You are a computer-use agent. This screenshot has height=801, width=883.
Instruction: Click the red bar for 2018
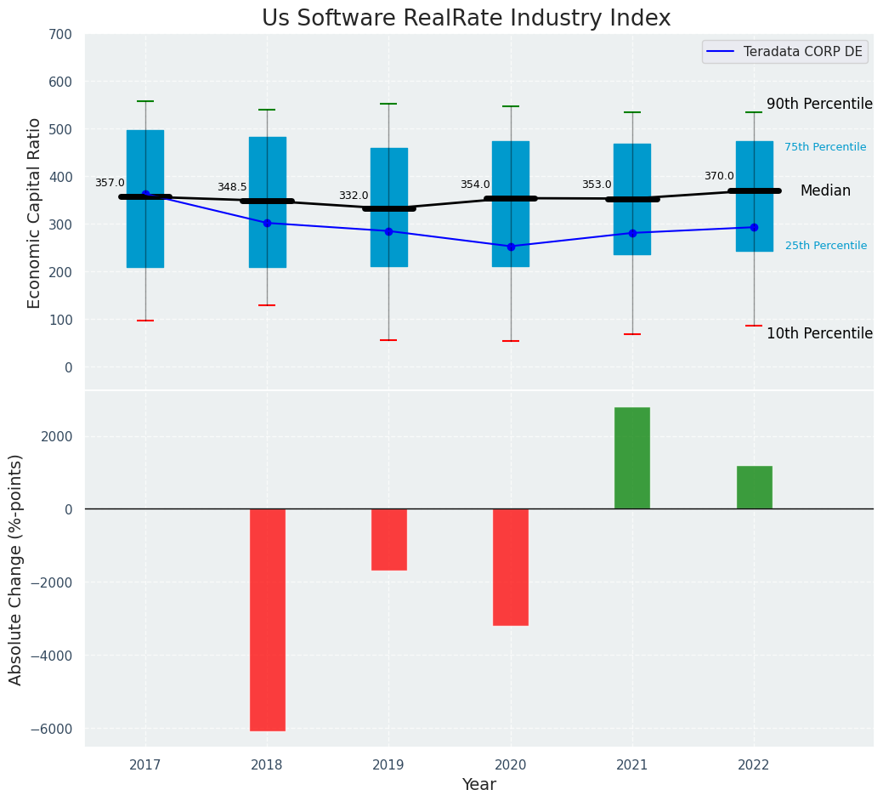tap(267, 619)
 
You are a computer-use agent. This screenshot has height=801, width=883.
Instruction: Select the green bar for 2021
tap(632, 458)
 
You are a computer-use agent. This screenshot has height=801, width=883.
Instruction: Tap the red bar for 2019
tap(388, 539)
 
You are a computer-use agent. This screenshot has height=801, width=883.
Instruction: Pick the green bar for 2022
tap(754, 487)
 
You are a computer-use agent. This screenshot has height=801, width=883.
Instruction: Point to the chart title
tap(466, 19)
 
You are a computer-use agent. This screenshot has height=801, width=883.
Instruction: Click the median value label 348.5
tap(232, 187)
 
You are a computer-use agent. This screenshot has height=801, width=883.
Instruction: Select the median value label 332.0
tap(354, 196)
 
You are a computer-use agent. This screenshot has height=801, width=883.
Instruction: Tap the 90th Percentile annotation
tap(819, 104)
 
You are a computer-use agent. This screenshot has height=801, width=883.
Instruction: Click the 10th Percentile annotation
tap(819, 333)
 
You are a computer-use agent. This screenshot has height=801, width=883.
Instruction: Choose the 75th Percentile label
tap(825, 147)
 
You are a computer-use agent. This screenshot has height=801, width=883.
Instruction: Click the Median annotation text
tap(825, 191)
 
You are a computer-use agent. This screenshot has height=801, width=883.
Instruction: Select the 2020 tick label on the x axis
tap(510, 765)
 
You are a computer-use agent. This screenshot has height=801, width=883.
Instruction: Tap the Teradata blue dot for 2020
tap(511, 247)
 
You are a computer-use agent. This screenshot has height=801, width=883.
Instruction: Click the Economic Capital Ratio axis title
tap(35, 213)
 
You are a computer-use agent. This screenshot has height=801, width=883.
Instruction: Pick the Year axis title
tap(478, 785)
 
